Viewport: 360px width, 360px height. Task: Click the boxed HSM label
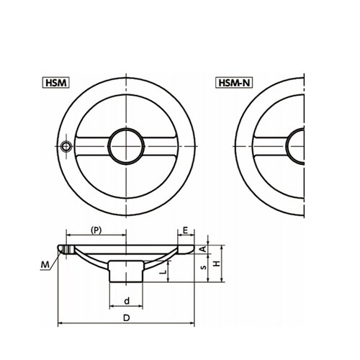[x=55, y=83]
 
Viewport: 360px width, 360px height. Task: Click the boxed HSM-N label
[x=234, y=83]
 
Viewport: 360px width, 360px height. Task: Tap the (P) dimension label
[x=96, y=230]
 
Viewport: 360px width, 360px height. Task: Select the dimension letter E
[x=186, y=230]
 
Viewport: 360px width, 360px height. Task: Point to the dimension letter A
[x=203, y=249]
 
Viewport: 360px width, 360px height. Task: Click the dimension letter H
[x=217, y=264]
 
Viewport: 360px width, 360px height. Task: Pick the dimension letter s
[x=204, y=267]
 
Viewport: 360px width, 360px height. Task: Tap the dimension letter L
[x=163, y=272]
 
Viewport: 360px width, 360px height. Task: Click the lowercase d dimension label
[x=127, y=301]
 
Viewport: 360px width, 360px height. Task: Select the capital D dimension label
[x=126, y=318]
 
